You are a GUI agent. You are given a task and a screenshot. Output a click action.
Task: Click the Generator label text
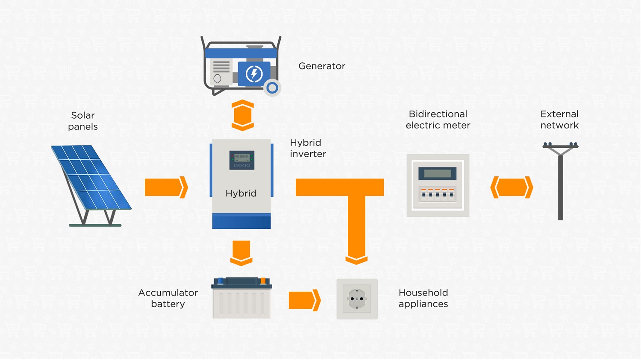[322, 66]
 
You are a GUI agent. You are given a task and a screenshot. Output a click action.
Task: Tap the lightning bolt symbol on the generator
[254, 74]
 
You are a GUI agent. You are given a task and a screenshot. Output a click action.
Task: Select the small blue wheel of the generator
[272, 88]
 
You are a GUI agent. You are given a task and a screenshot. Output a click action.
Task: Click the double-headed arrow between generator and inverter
[243, 115]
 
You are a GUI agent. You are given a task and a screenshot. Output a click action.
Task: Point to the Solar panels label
[83, 121]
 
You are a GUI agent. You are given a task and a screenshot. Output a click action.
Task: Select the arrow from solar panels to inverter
[166, 187]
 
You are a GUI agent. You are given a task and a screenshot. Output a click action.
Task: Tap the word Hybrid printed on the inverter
[241, 193]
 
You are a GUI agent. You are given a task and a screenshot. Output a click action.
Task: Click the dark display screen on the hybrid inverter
[242, 160]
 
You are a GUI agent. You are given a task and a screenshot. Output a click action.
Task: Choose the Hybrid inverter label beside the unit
[308, 148]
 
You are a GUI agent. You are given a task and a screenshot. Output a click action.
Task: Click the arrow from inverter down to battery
[241, 253]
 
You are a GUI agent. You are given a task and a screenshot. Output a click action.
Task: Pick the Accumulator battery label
[168, 298]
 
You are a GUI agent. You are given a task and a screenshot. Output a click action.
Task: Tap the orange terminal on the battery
[263, 281]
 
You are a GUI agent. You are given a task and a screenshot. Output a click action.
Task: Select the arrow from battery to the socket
[304, 300]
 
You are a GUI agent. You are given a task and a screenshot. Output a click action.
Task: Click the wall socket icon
[357, 299]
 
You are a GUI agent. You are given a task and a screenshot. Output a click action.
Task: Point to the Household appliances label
[423, 298]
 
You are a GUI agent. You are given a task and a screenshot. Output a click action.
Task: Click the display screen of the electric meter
[437, 173]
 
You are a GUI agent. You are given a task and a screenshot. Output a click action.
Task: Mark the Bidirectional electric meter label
[438, 120]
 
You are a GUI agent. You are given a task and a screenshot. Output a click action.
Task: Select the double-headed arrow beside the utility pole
[512, 187]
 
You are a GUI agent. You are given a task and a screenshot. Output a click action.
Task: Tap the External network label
[559, 120]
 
